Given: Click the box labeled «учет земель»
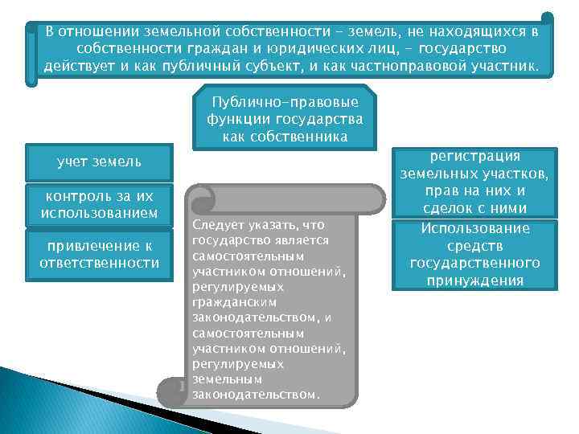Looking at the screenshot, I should pyautogui.click(x=99, y=162).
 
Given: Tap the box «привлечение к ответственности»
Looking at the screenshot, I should pyautogui.click(x=99, y=255).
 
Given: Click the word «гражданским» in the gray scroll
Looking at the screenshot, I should pyautogui.click(x=234, y=303).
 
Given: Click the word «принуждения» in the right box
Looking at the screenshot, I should pyautogui.click(x=474, y=280).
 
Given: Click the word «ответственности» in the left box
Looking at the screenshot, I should pyautogui.click(x=99, y=263).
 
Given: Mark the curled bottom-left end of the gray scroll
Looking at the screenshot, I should pyautogui.click(x=171, y=392).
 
